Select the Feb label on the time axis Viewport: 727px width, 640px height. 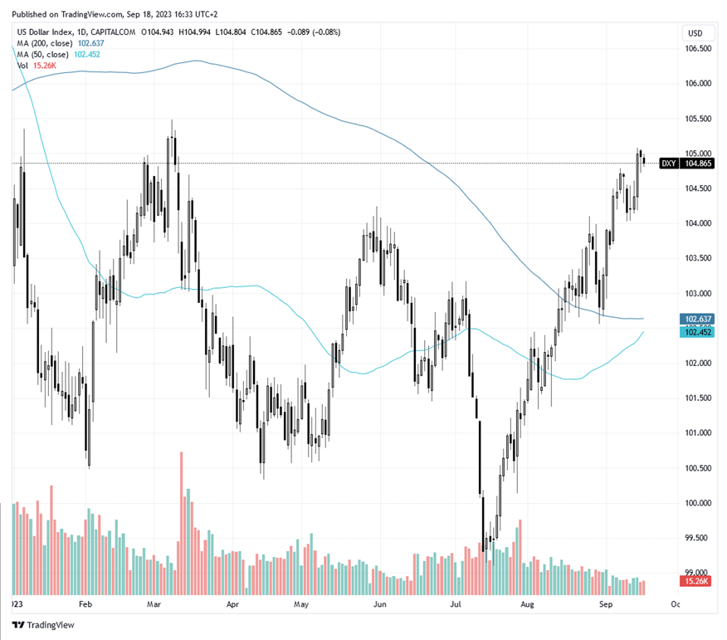click(x=85, y=606)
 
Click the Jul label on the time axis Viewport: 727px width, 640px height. click(x=456, y=606)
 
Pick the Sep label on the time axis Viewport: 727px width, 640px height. click(x=605, y=606)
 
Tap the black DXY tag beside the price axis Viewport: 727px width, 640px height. click(x=667, y=164)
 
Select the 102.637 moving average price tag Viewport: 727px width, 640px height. click(x=698, y=319)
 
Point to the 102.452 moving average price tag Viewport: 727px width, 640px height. click(x=698, y=332)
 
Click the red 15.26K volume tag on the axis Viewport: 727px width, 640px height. click(x=698, y=581)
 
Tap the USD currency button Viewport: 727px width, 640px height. click(x=695, y=33)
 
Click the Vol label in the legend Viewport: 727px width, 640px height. click(x=22, y=65)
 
